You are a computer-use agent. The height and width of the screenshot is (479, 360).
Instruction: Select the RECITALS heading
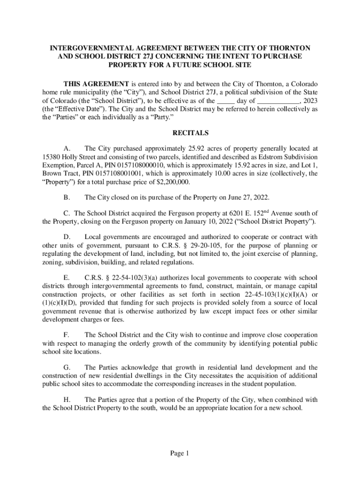[x=180, y=133]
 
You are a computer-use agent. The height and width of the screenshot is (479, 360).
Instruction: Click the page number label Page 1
[x=180, y=453]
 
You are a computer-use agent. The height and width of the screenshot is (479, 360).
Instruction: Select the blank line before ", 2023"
[x=279, y=100]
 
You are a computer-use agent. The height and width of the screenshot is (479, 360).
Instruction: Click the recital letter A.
[x=66, y=148]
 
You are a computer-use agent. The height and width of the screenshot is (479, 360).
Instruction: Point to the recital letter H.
[x=66, y=399]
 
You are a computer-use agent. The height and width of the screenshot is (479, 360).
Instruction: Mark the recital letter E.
[x=66, y=277]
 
